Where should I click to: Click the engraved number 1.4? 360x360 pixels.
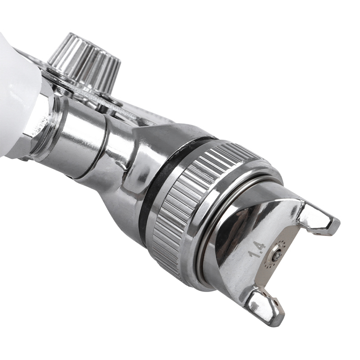[x=257, y=250]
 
